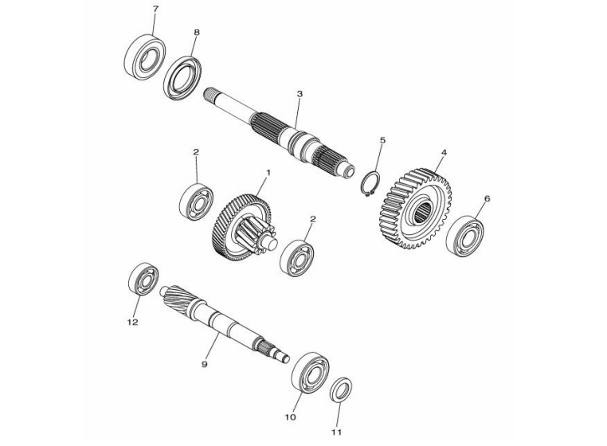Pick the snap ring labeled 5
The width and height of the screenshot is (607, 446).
click(368, 184)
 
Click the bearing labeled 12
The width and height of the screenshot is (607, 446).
click(143, 280)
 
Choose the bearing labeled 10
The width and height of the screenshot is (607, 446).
click(310, 372)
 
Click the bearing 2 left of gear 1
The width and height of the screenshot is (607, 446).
click(195, 201)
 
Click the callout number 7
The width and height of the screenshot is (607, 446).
click(155, 9)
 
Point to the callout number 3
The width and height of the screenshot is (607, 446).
click(300, 94)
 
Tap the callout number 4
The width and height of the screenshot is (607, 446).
click(444, 152)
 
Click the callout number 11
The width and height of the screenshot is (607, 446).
click(336, 432)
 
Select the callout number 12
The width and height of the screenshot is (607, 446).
click(132, 323)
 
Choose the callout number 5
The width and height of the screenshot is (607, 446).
click(382, 140)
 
